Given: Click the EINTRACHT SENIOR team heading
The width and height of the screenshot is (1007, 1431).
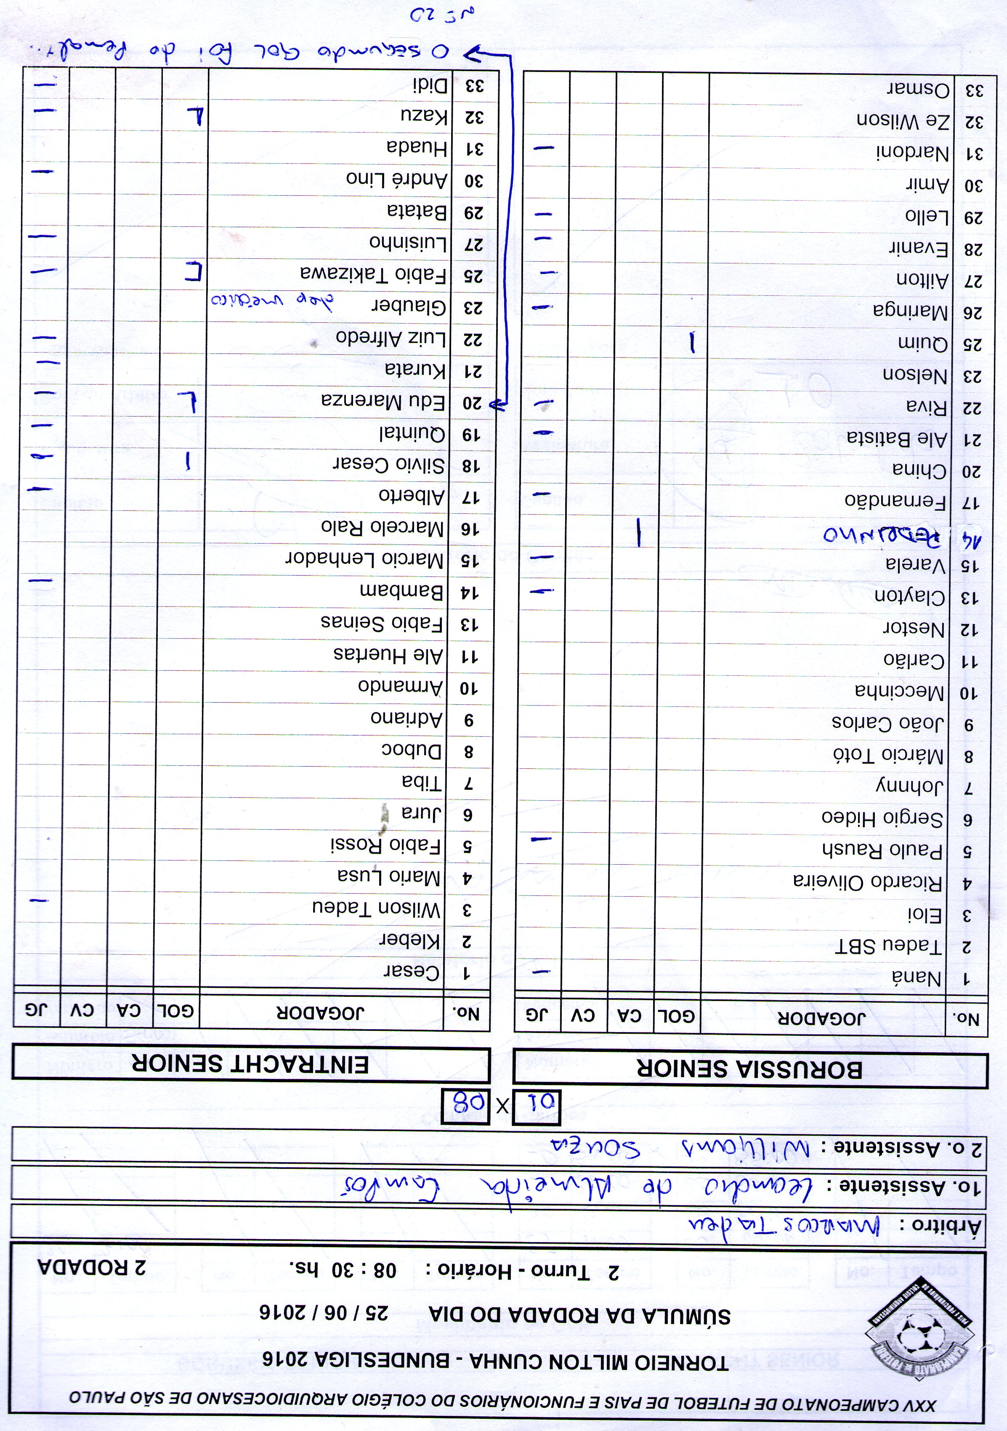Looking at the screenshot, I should click(x=250, y=1065).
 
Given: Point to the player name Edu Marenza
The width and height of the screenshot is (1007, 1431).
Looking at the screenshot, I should click(x=384, y=401).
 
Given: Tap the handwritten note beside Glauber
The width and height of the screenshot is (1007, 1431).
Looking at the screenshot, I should click(x=272, y=300).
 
